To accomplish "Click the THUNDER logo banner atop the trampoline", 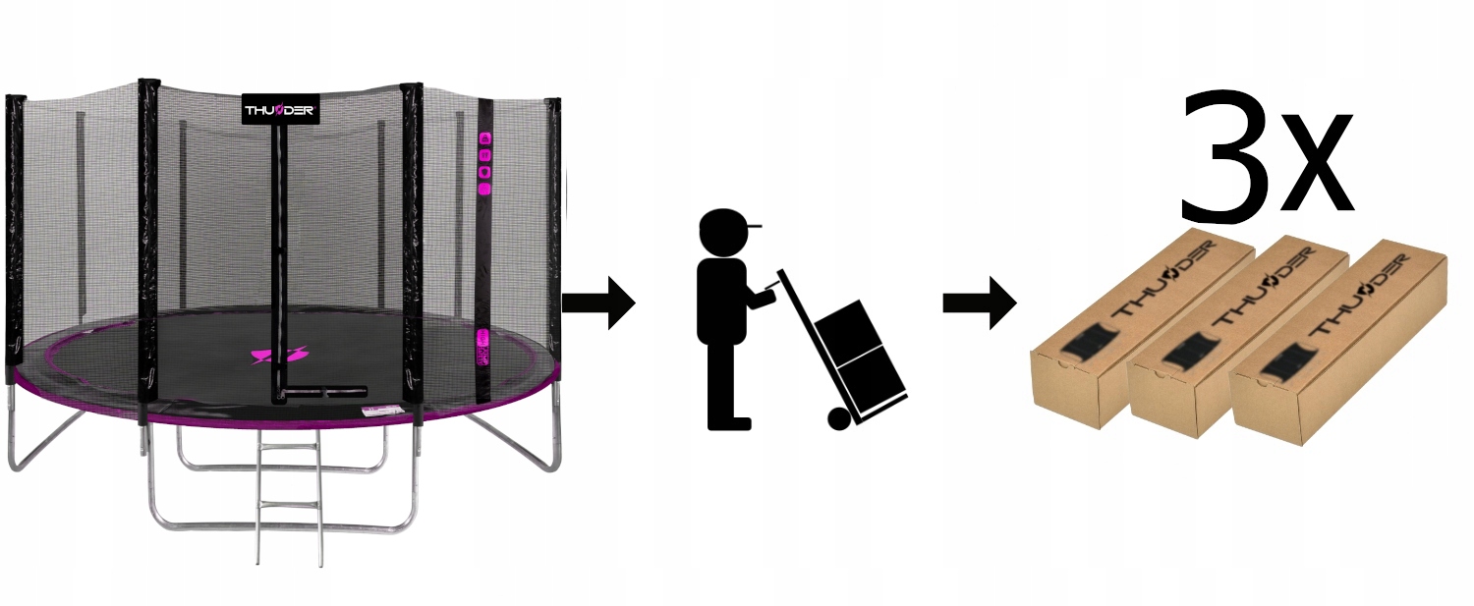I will point(279,109).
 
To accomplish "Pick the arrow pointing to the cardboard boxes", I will point(979,303).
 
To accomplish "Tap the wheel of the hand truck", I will point(838,418).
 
